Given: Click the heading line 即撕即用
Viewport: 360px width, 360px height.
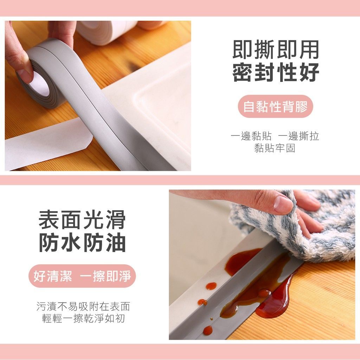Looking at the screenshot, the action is tap(276, 50).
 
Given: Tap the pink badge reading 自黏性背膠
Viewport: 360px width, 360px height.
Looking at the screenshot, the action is tap(275, 107).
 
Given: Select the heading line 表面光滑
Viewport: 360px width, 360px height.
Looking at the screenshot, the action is tap(82, 220).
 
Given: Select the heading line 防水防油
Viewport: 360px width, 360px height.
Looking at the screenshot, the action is tap(82, 243).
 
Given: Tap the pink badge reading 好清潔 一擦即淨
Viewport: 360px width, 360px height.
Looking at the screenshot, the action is tap(82, 276).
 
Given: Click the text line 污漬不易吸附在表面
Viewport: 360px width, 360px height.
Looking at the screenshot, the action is tap(83, 306).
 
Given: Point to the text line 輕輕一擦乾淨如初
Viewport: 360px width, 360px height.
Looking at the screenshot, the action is tap(83, 318).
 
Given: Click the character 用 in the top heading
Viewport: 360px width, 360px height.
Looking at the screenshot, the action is tap(309, 50).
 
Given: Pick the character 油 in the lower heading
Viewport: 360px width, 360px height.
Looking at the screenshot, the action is tap(116, 243).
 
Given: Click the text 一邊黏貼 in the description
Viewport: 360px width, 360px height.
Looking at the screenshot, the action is tap(251, 136).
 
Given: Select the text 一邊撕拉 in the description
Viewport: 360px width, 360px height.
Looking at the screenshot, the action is tap(298, 136).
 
